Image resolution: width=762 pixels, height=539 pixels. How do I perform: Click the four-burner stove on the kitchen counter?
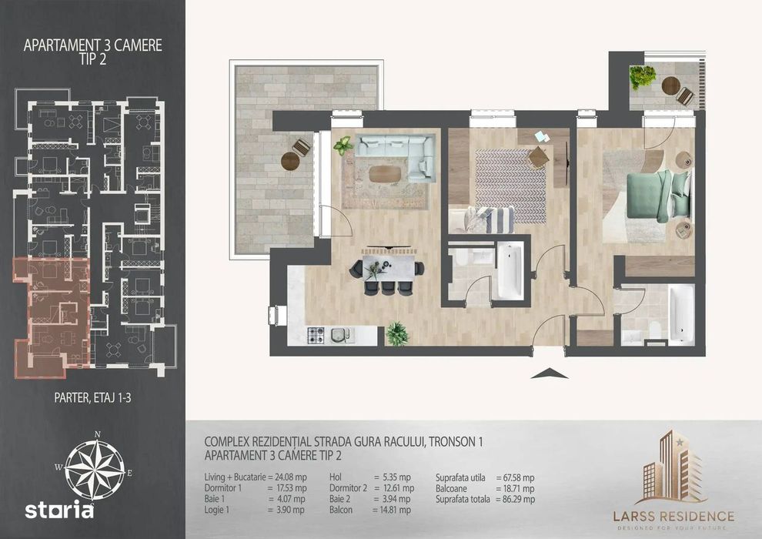coord(316,336)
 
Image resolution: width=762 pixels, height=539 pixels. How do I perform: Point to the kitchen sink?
coord(341,336)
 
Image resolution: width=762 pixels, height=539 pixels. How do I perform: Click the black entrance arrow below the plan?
coord(549,373)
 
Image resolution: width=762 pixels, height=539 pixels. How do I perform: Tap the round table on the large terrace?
coord(290,161)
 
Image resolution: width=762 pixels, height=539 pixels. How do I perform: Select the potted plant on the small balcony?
coord(643,77)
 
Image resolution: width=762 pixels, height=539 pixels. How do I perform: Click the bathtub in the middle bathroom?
coord(510,271)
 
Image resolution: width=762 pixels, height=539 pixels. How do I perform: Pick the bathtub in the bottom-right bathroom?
coord(681,313)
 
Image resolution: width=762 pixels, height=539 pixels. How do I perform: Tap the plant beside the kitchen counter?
coord(397,334)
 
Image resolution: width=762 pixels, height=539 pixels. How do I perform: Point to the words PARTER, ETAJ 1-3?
coord(92,398)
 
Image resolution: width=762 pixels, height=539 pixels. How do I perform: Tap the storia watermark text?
coord(59,510)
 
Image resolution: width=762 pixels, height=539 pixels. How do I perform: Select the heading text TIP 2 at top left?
coord(92,59)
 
